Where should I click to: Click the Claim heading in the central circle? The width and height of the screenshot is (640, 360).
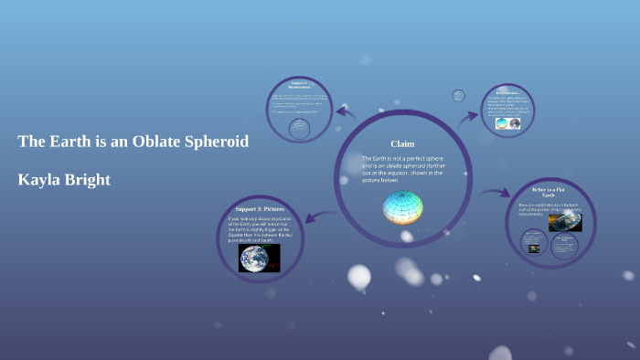click(402, 143)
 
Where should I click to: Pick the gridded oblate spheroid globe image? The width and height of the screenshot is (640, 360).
click(402, 207)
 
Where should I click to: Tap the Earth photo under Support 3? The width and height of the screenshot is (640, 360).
click(260, 257)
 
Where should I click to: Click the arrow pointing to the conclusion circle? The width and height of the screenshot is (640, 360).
click(468, 116)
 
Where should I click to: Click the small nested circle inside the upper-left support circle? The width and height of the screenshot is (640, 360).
click(298, 128)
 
